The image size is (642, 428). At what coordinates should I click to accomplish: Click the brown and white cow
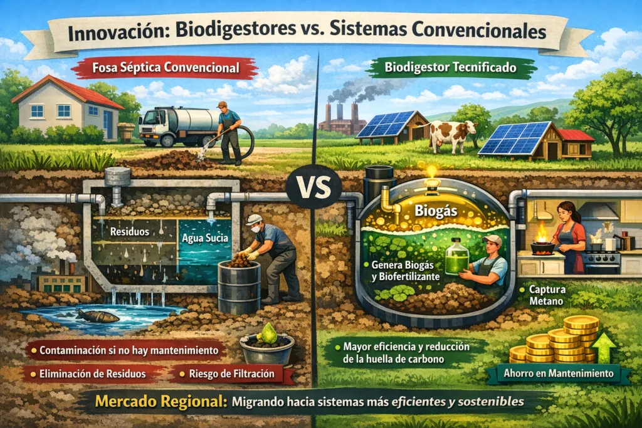(453, 133)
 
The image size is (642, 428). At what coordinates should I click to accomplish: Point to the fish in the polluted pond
(98, 316)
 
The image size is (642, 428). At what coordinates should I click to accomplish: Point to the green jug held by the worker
(456, 259)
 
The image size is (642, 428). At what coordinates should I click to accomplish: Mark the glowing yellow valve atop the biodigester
(431, 172)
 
